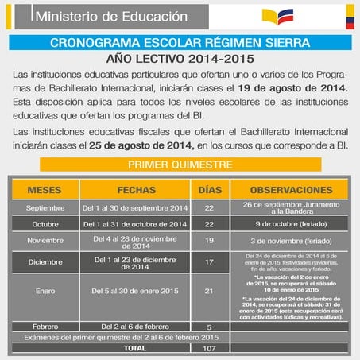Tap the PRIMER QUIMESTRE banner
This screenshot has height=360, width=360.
point(180,165)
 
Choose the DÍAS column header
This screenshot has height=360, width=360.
point(209,192)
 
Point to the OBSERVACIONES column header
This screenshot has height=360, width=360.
point(291,192)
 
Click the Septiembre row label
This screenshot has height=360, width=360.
point(45,209)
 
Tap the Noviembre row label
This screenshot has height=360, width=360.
point(45,240)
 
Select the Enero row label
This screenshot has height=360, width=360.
point(45,291)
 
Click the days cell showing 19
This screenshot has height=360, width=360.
point(209,240)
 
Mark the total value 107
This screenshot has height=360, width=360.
point(209,348)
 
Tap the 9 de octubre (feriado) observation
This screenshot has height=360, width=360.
point(291,224)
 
